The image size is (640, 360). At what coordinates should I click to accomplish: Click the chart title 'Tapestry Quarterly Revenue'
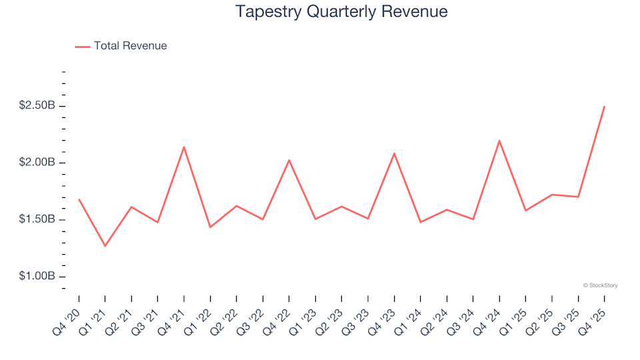click(x=341, y=11)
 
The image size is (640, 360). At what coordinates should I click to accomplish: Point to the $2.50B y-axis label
click(x=38, y=106)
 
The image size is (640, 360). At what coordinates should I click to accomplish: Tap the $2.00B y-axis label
click(x=38, y=163)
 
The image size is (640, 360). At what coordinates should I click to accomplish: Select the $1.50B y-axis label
click(x=38, y=219)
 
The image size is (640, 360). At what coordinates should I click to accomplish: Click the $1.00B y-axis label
click(x=38, y=276)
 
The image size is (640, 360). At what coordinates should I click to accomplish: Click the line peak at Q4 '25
click(x=604, y=107)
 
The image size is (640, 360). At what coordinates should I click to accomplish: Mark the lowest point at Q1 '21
click(x=105, y=246)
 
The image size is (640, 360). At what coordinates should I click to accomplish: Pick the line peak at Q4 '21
click(x=184, y=147)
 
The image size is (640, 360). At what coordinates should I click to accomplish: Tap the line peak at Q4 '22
click(x=289, y=160)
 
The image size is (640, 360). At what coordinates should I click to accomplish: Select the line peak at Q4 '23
click(x=394, y=153)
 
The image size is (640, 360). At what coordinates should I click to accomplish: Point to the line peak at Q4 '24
click(x=499, y=141)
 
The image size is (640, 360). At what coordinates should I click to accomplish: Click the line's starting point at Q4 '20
click(x=79, y=199)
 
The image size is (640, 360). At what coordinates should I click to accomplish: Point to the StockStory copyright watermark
click(x=600, y=285)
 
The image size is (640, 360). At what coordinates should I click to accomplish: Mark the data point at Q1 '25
click(x=525, y=211)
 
